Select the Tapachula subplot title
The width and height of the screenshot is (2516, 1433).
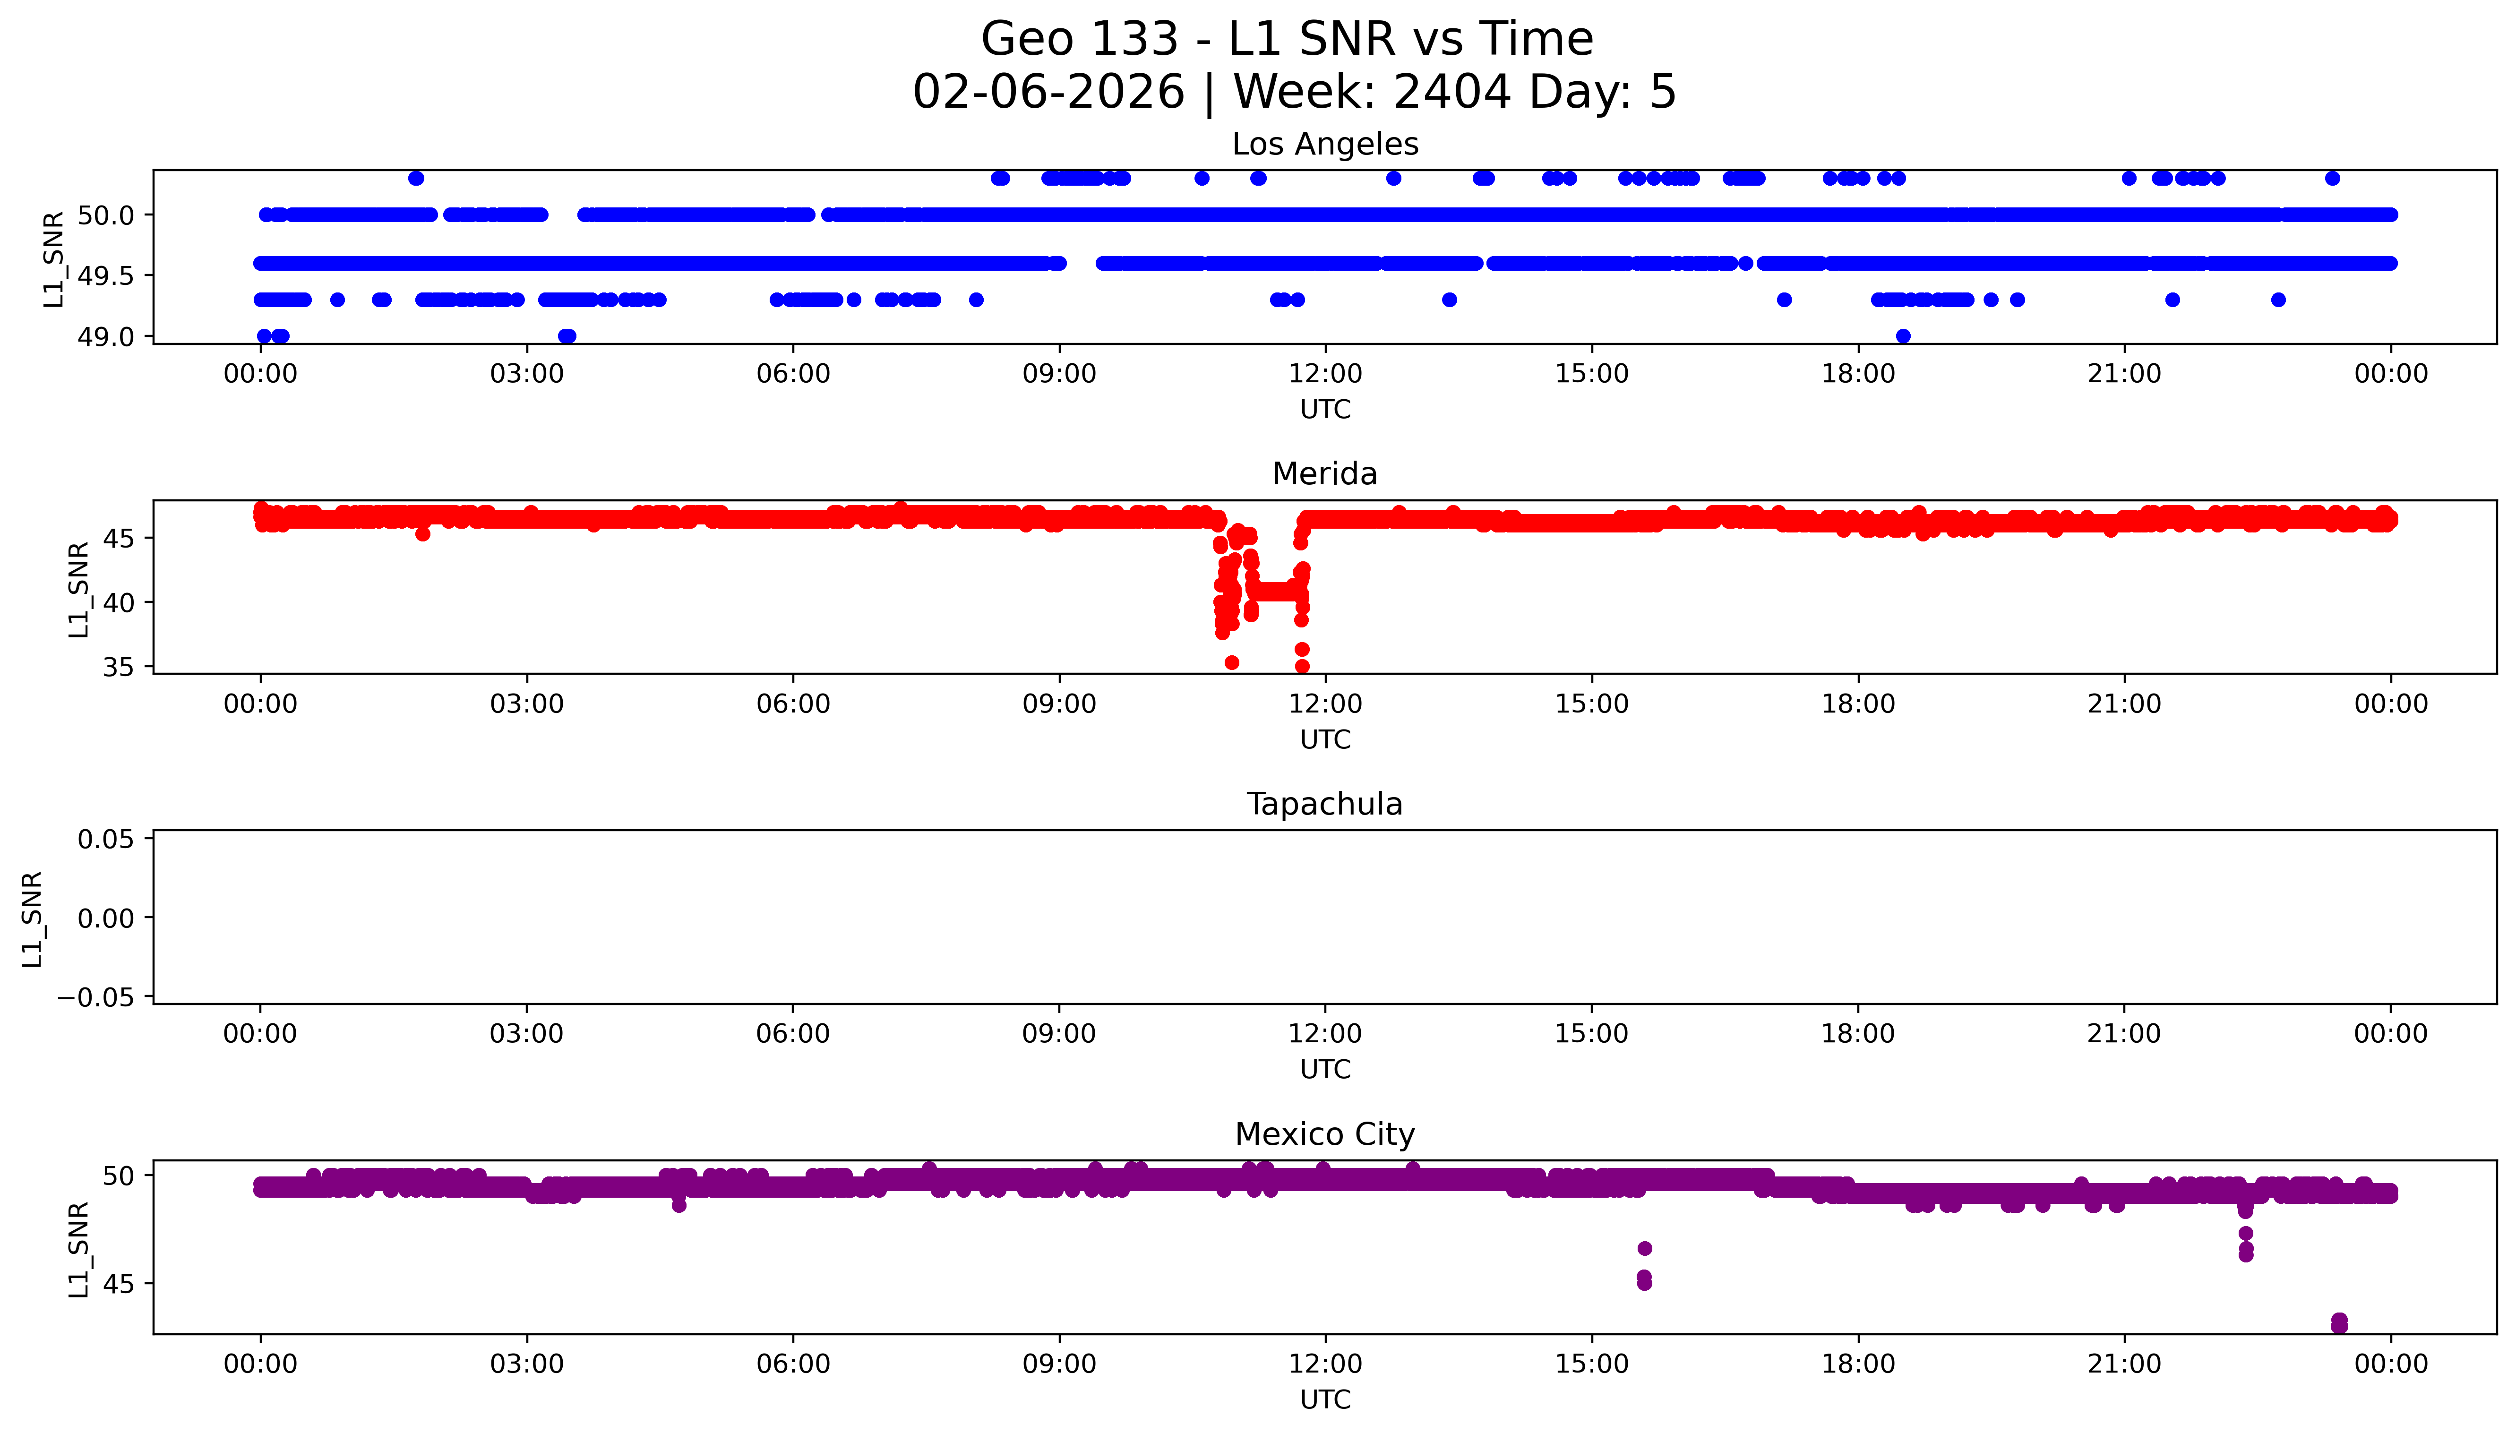point(1324,804)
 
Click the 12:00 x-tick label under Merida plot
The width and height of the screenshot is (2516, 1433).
point(1325,704)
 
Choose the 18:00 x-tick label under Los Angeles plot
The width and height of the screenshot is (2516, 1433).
point(1858,374)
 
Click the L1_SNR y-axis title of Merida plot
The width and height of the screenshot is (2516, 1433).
point(79,589)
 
